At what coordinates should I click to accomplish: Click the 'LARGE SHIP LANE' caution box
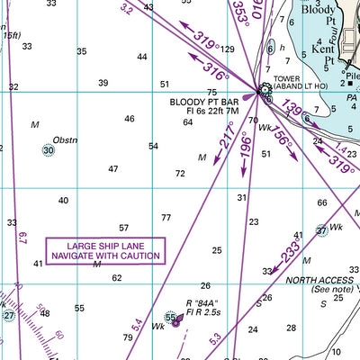coord(106,250)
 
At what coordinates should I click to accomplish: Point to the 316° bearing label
coord(215,69)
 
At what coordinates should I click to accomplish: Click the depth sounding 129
coord(228,49)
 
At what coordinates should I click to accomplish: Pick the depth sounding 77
coord(166,218)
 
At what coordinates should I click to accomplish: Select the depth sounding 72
coord(180,173)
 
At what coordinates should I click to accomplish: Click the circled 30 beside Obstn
coord(49,151)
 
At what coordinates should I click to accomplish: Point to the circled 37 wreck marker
coord(321,231)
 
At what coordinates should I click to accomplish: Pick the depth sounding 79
coord(128,338)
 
